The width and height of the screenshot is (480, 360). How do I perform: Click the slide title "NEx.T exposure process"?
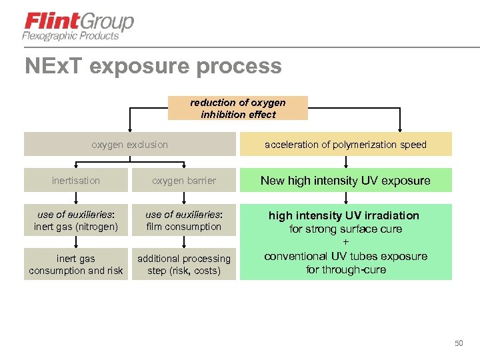click(x=153, y=66)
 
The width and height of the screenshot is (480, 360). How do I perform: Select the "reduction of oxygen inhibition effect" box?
click(x=238, y=108)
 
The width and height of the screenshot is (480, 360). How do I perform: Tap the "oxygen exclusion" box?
click(x=130, y=144)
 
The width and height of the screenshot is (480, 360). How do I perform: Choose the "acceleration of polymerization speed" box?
click(x=345, y=144)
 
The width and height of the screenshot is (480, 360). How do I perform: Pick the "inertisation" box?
click(x=76, y=180)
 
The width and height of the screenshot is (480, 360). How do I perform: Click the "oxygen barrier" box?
click(x=184, y=180)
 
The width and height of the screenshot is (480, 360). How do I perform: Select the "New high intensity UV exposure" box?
click(x=345, y=180)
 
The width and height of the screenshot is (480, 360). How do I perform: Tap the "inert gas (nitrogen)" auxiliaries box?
click(x=76, y=221)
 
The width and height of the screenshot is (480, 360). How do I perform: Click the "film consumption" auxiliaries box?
click(x=184, y=221)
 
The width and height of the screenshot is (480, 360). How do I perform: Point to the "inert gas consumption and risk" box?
click(x=76, y=265)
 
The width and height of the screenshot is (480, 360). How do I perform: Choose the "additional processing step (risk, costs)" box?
click(x=184, y=265)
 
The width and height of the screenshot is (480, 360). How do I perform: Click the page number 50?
click(x=458, y=343)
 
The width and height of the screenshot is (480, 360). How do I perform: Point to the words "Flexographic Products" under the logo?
click(x=71, y=36)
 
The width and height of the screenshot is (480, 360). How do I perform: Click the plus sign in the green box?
click(x=345, y=243)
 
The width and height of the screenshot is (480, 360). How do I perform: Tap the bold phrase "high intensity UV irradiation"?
click(x=344, y=215)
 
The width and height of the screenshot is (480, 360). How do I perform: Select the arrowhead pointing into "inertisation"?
click(x=76, y=165)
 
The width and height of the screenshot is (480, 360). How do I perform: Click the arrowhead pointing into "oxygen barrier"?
click(x=184, y=165)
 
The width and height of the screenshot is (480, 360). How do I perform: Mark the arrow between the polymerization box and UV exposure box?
click(x=345, y=162)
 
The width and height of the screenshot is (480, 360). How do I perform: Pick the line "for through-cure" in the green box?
click(x=345, y=270)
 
